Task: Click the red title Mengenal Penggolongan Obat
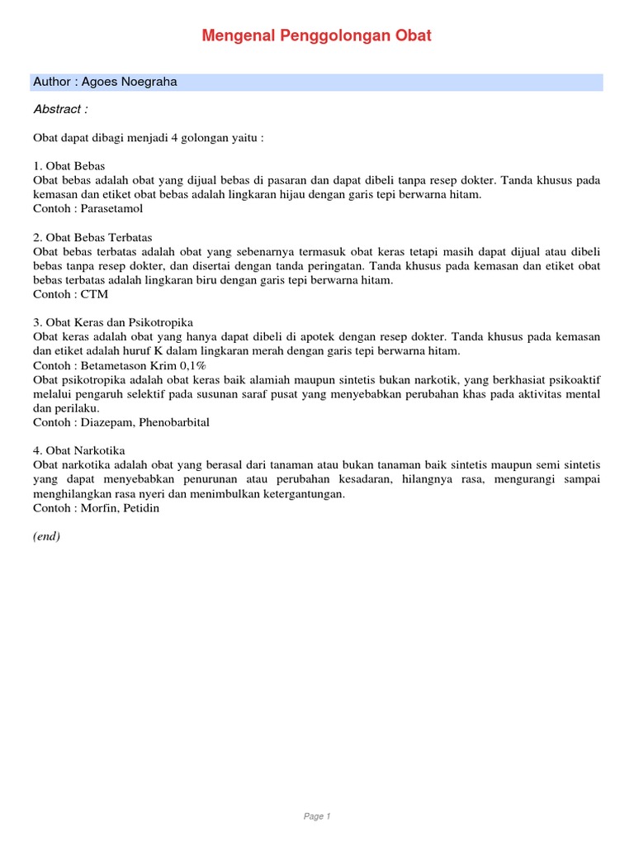pos(317,36)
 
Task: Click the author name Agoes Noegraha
pos(130,82)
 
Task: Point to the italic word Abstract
pos(60,109)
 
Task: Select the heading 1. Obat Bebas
pos(69,164)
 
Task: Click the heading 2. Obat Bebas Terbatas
pos(92,237)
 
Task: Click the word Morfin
pos(98,508)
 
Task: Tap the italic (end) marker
pos(47,536)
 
